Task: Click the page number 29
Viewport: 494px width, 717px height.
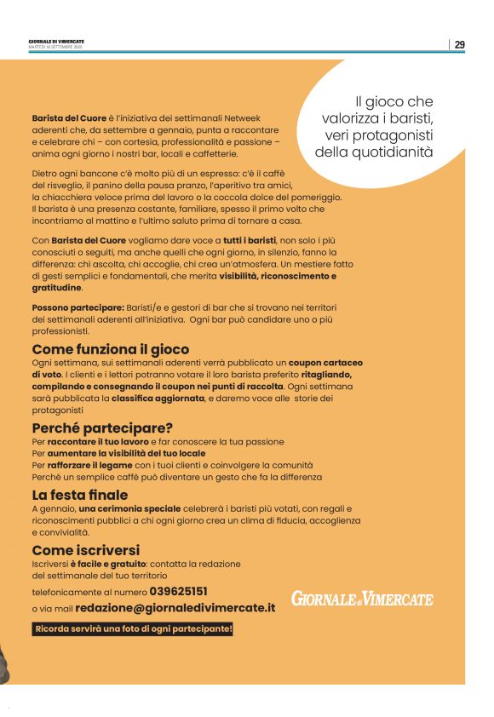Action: click(x=459, y=45)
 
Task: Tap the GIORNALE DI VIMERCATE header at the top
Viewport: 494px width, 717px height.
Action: click(x=56, y=41)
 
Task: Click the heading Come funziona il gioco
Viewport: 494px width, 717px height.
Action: click(x=111, y=349)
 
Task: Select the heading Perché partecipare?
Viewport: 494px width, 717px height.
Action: click(x=102, y=427)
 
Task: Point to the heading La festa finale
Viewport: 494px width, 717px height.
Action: click(x=80, y=494)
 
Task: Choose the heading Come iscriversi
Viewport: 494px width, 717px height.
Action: click(x=86, y=549)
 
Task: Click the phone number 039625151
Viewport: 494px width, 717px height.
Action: click(x=179, y=590)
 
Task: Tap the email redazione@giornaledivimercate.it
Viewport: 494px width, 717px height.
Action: click(x=175, y=608)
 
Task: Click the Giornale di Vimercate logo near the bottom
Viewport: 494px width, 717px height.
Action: click(x=362, y=599)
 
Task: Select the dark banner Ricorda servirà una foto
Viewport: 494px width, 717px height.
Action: click(x=133, y=629)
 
